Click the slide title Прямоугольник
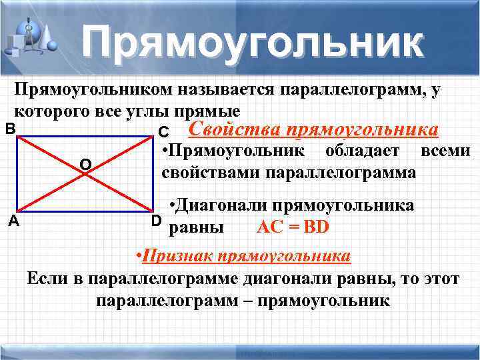pyautogui.click(x=253, y=43)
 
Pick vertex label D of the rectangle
pyautogui.click(x=156, y=221)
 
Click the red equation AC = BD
pyautogui.click(x=293, y=227)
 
